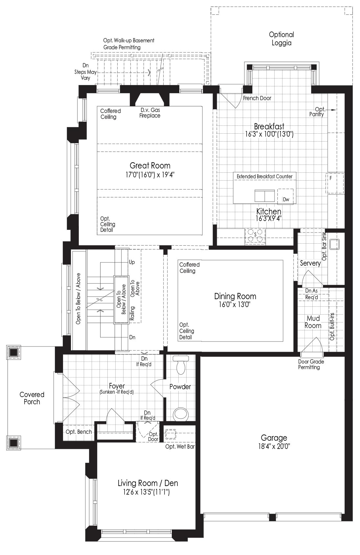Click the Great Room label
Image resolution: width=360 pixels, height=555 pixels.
(150, 166)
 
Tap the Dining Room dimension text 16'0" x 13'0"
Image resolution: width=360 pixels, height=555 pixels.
(235, 304)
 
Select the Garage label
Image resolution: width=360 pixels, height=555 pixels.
(274, 438)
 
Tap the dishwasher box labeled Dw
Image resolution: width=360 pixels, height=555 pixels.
(285, 196)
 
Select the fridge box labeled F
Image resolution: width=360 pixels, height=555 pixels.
(335, 183)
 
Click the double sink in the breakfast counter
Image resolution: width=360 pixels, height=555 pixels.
(265, 196)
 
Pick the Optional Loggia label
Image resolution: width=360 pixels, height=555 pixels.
(281, 39)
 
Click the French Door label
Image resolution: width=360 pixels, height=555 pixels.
(257, 98)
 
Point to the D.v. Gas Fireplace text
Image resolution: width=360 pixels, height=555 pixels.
(150, 113)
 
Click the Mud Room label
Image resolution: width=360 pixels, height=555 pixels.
(313, 322)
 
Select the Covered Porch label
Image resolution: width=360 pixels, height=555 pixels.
(32, 398)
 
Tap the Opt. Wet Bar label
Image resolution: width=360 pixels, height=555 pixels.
(180, 447)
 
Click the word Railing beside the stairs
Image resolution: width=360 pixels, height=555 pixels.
(132, 313)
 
